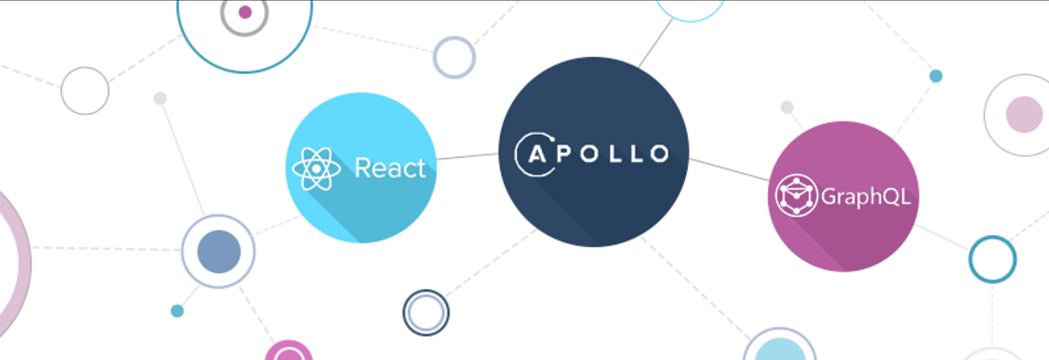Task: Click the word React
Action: pyautogui.click(x=390, y=168)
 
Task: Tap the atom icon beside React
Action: pyautogui.click(x=316, y=169)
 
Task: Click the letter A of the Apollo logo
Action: pyautogui.click(x=535, y=154)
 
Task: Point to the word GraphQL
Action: pyautogui.click(x=865, y=197)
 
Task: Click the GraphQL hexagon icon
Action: pyautogui.click(x=795, y=197)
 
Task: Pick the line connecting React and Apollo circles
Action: pyautogui.click(x=467, y=157)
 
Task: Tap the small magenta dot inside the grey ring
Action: pyautogui.click(x=245, y=12)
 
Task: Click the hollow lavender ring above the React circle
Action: pyautogui.click(x=455, y=57)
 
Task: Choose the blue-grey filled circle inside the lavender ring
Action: pyautogui.click(x=218, y=251)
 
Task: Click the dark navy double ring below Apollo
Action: pyautogui.click(x=426, y=312)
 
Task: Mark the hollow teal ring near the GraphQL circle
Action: pyautogui.click(x=992, y=259)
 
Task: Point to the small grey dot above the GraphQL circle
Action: pyautogui.click(x=787, y=107)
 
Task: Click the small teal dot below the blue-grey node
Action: pyautogui.click(x=177, y=311)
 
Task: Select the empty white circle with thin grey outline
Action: pyautogui.click(x=85, y=91)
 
